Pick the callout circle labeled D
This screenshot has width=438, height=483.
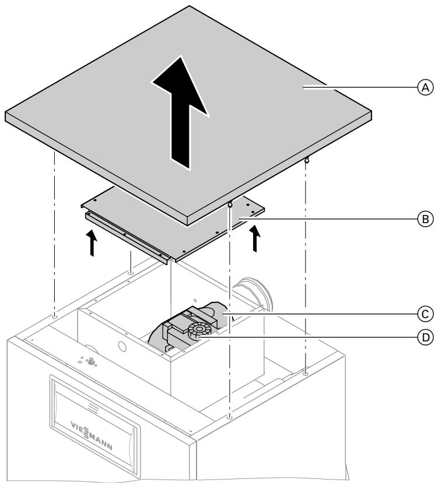(x=425, y=337)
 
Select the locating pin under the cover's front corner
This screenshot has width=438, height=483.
(x=230, y=204)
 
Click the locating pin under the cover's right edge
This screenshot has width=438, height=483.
(x=306, y=159)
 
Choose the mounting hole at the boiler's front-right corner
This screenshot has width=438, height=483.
(x=230, y=418)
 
